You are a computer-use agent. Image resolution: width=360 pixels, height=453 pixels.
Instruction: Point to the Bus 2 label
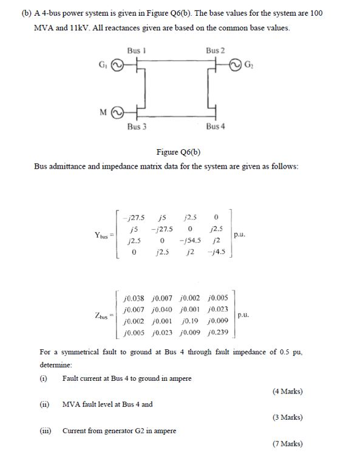coord(215,49)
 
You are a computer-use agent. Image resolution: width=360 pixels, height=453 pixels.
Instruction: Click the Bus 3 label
coord(137,126)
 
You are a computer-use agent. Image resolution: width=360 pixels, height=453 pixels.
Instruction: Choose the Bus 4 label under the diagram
coord(215,126)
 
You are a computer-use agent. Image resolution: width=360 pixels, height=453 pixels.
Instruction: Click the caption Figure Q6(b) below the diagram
coord(180,152)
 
